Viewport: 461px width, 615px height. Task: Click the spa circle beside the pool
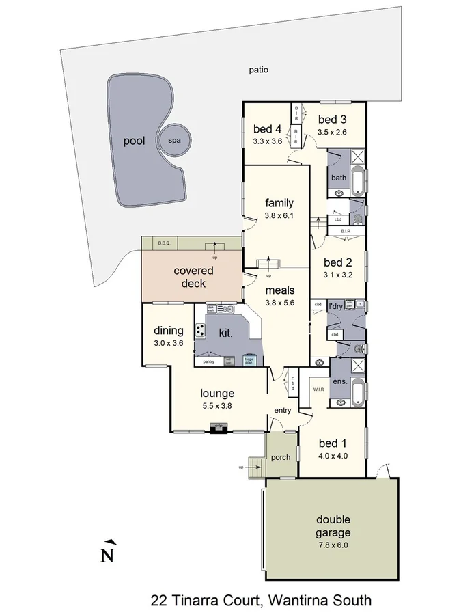(x=173, y=141)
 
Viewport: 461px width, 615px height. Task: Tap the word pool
(x=134, y=141)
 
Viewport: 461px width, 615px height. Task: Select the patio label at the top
(x=258, y=69)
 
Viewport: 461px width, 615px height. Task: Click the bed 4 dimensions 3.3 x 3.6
(x=267, y=141)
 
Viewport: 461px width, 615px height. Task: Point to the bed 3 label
(x=333, y=119)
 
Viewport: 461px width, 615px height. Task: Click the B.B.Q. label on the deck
(x=164, y=243)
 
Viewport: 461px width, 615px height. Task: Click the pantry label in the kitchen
(x=208, y=361)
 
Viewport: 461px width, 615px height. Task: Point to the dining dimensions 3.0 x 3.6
(x=168, y=344)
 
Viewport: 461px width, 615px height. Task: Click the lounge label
(x=217, y=393)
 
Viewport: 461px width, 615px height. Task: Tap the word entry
(x=282, y=410)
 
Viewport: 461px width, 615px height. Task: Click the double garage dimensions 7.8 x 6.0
(x=333, y=546)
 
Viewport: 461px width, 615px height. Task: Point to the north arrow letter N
(x=107, y=554)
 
